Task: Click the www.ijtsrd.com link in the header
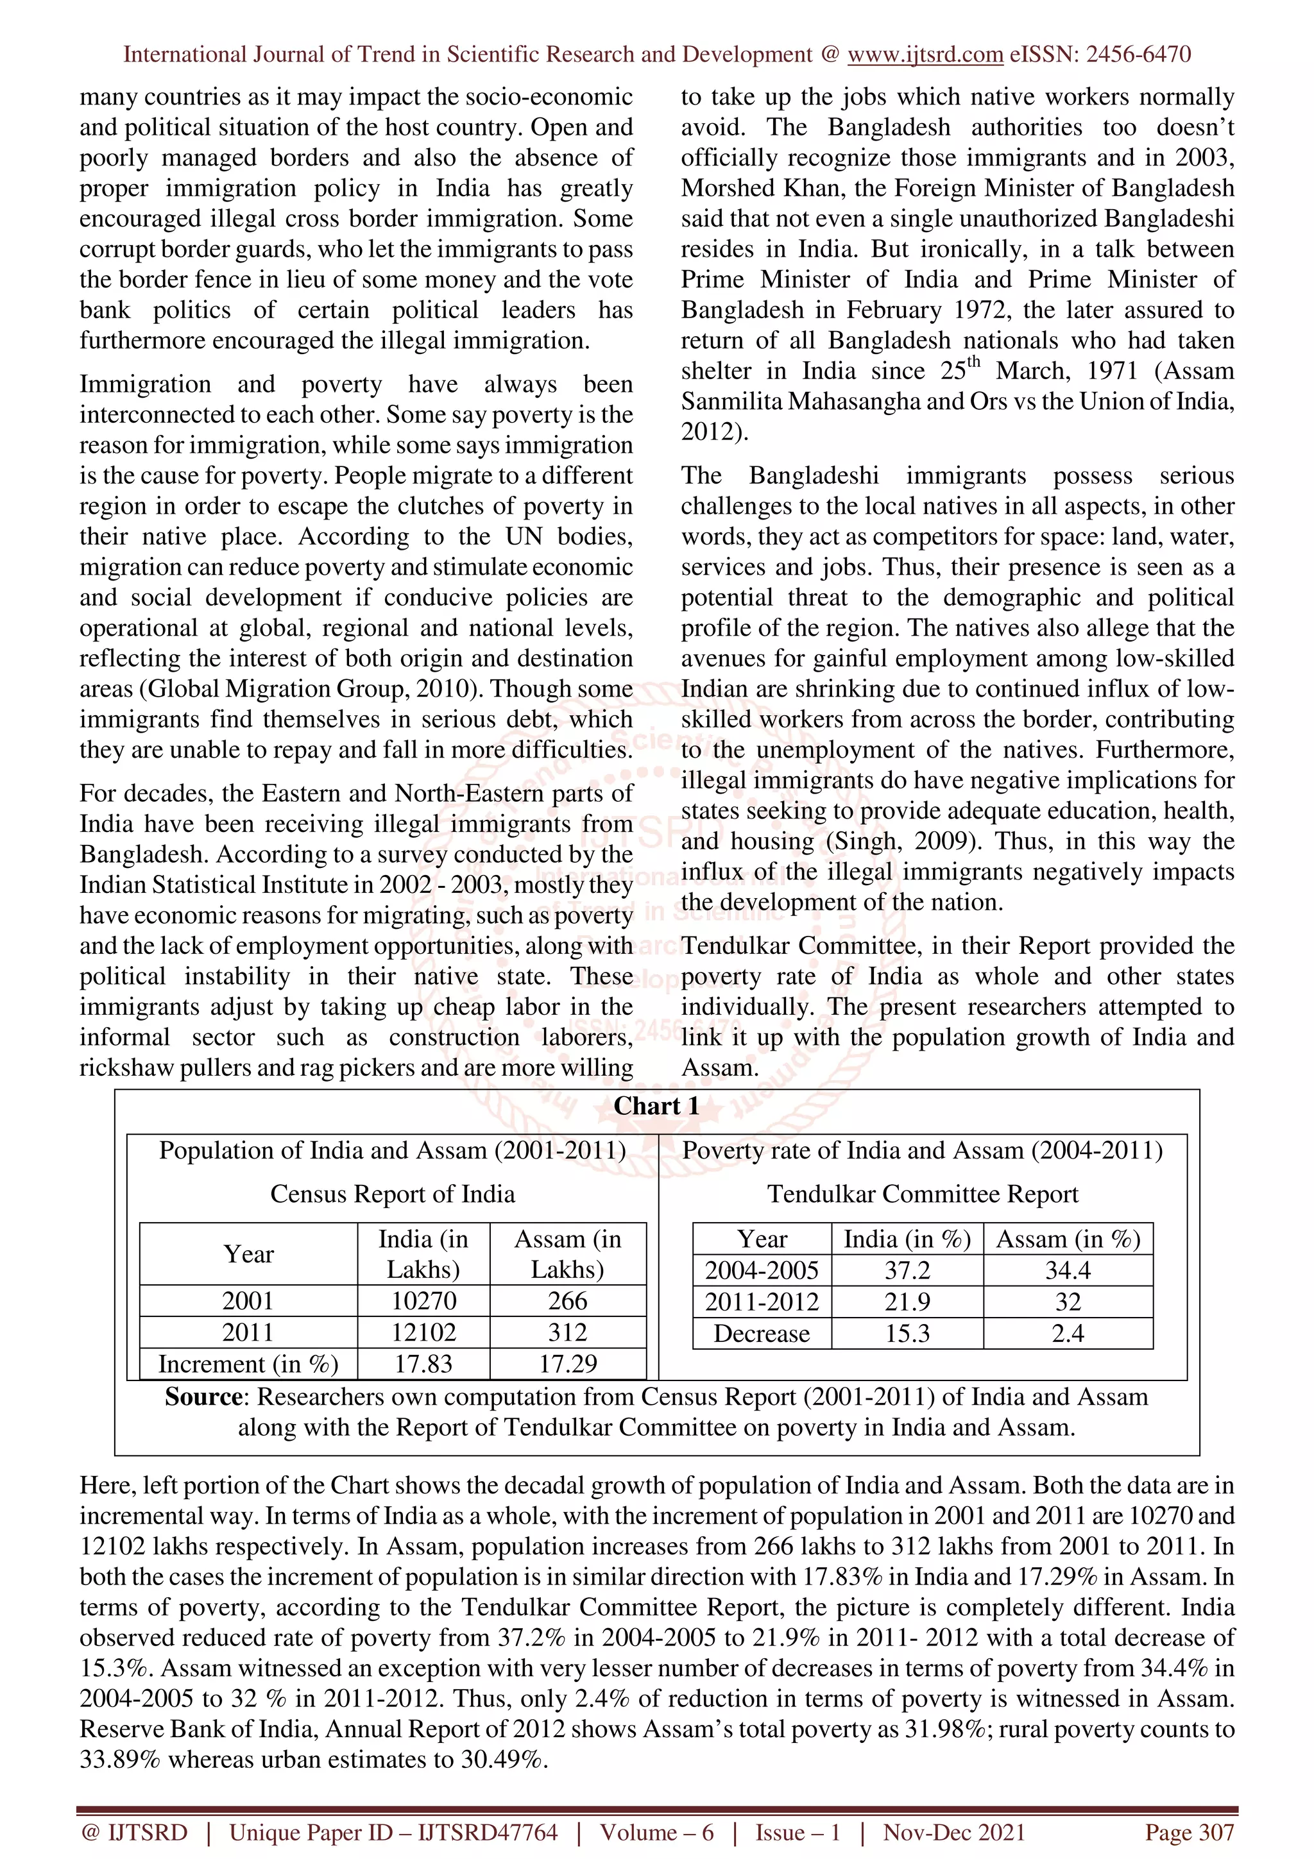[x=925, y=55]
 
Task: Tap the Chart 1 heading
[x=656, y=1106]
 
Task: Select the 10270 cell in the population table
[x=423, y=1300]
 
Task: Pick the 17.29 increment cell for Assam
[x=568, y=1364]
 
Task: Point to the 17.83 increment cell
[x=423, y=1364]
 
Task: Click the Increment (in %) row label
[x=248, y=1364]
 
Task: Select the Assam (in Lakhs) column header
[x=568, y=1253]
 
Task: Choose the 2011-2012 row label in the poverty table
[x=761, y=1302]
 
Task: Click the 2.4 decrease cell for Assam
[x=1067, y=1334]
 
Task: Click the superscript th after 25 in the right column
[x=973, y=362]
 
